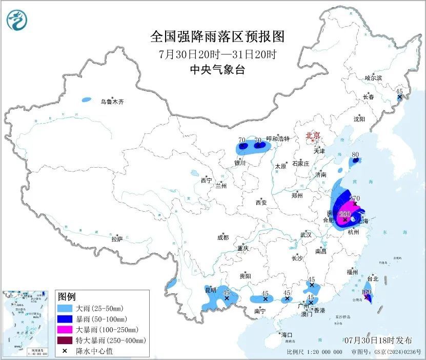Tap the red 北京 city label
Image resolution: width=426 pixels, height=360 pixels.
(x=312, y=135)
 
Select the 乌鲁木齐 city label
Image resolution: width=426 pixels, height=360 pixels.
(x=112, y=102)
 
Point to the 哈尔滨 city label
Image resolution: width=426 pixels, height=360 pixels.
(x=373, y=78)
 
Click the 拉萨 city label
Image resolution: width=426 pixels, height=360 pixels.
(x=117, y=238)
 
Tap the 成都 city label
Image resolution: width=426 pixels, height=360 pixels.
(x=223, y=237)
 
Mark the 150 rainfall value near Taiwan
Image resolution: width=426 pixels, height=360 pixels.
(x=366, y=291)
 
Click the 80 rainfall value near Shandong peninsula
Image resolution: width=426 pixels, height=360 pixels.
(x=355, y=154)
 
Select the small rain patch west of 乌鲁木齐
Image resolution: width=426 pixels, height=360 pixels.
(x=87, y=99)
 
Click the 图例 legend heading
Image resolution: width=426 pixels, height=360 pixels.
(x=67, y=297)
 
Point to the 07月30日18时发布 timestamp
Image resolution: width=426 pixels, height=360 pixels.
(x=378, y=340)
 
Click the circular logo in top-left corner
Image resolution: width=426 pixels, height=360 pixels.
(x=16, y=20)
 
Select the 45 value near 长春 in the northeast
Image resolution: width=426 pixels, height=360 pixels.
(x=400, y=91)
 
